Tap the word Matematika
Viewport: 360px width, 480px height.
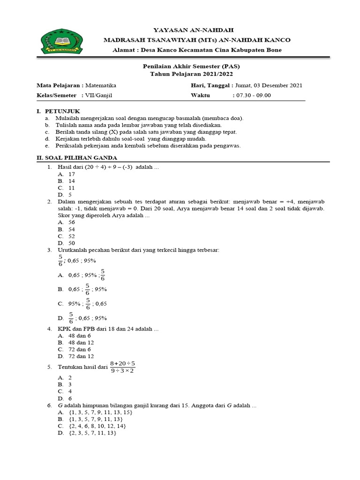click(101, 85)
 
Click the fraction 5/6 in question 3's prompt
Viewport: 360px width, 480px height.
click(60, 261)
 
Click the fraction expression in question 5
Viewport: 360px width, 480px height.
click(122, 367)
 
